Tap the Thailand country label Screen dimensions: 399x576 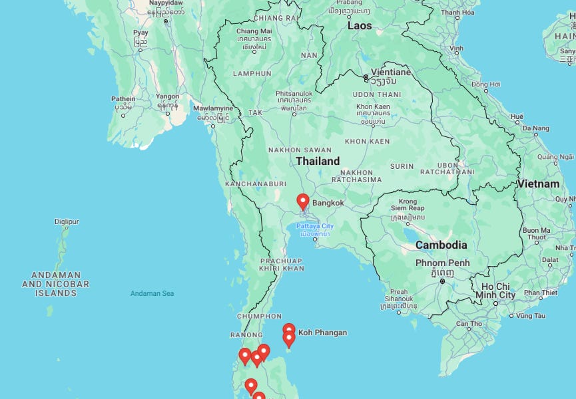[318, 161]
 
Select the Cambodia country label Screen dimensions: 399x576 [441, 245]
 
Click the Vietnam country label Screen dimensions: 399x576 [539, 184]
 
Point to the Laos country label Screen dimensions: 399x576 [359, 26]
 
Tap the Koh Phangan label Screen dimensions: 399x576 [322, 332]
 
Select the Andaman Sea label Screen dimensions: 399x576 [152, 293]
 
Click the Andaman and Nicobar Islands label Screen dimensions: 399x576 [56, 284]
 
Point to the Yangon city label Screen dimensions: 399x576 [167, 96]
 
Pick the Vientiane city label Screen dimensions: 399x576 [391, 72]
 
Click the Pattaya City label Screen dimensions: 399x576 [315, 226]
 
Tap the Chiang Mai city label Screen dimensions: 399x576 [254, 31]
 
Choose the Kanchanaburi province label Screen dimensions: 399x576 [256, 184]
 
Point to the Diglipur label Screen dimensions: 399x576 [67, 221]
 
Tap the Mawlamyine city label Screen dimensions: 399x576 [213, 108]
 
